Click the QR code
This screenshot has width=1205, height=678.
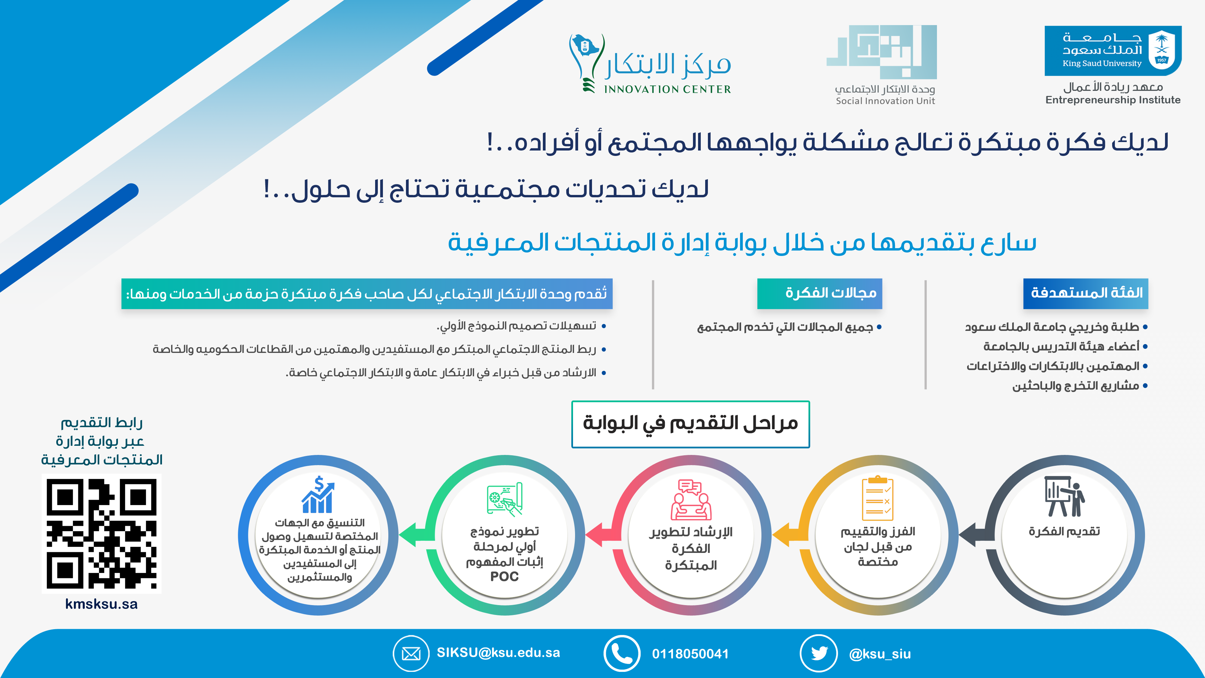(102, 533)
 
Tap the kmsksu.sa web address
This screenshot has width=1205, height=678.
(102, 604)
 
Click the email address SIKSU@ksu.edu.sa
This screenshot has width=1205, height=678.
(498, 653)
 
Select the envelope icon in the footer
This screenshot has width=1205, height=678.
(411, 653)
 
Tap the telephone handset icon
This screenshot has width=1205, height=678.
(622, 653)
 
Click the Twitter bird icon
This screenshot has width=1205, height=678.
(819, 653)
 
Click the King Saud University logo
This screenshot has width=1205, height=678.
(1113, 51)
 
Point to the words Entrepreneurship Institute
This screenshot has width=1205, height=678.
(1113, 100)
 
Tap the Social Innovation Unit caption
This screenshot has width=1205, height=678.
(885, 101)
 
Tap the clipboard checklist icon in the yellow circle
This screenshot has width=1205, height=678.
(878, 498)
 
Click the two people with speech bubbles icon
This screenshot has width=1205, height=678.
(691, 500)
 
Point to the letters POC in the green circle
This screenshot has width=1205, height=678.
(504, 576)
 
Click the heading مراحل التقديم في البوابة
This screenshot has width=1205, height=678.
(691, 423)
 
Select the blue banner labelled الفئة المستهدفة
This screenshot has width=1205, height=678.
(1086, 293)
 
